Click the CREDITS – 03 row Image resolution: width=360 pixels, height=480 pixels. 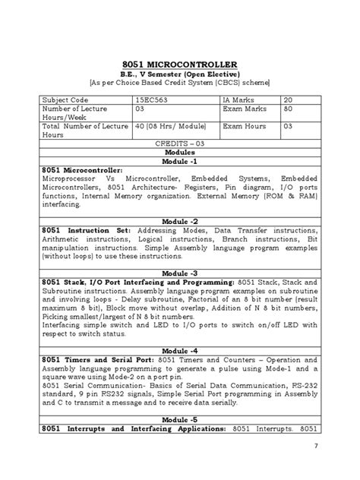point(180,143)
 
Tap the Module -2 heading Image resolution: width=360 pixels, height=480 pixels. point(180,221)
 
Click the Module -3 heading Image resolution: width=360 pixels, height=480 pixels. point(180,272)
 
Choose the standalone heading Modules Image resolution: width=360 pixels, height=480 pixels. point(180,152)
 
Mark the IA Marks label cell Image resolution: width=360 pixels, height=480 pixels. point(242,99)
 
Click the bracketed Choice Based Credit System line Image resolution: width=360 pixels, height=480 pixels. point(180,83)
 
